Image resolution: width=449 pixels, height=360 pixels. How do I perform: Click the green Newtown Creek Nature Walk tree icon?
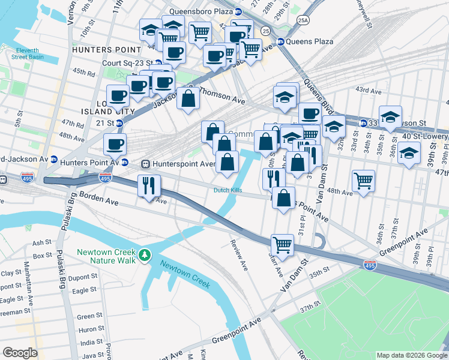click(144, 256)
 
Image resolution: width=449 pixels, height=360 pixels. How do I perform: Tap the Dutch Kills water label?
click(228, 191)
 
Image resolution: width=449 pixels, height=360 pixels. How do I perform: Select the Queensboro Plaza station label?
click(200, 11)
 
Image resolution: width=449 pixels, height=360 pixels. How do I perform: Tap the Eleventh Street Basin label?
click(27, 53)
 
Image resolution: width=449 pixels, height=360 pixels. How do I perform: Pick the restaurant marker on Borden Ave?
click(148, 185)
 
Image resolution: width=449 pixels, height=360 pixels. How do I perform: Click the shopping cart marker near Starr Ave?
click(282, 244)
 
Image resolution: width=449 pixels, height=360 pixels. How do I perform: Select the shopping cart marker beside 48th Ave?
click(363, 179)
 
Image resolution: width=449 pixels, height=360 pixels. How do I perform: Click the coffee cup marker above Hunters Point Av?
click(114, 144)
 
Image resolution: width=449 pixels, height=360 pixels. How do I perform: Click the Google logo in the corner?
click(20, 353)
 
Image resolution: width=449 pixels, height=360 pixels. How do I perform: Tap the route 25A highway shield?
click(303, 19)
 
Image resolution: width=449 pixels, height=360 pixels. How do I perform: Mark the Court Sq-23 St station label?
click(128, 62)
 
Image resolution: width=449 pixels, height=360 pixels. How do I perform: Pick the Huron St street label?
click(89, 329)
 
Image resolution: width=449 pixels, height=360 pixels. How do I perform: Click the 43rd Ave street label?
click(368, 91)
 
